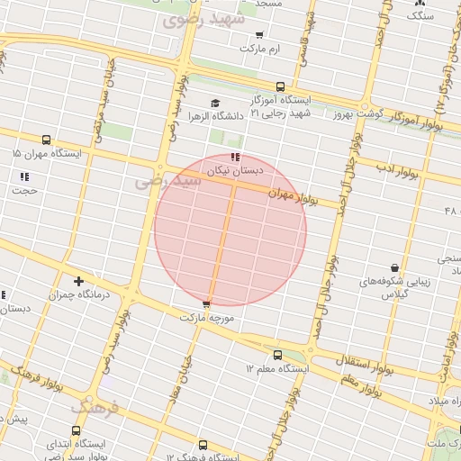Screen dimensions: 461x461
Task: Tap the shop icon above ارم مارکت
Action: coord(260,34)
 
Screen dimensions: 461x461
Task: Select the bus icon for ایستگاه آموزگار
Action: coord(280,87)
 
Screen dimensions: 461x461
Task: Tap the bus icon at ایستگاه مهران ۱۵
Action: coord(46,140)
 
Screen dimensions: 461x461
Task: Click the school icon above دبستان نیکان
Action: coord(235,157)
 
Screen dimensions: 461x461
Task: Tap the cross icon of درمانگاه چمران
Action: coord(79,282)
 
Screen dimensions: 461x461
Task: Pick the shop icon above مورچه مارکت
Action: coord(208,304)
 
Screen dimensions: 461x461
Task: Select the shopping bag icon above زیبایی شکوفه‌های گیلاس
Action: coord(394,267)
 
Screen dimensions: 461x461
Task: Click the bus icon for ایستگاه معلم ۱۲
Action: coord(277,355)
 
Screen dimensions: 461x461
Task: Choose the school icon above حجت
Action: coord(24,176)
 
